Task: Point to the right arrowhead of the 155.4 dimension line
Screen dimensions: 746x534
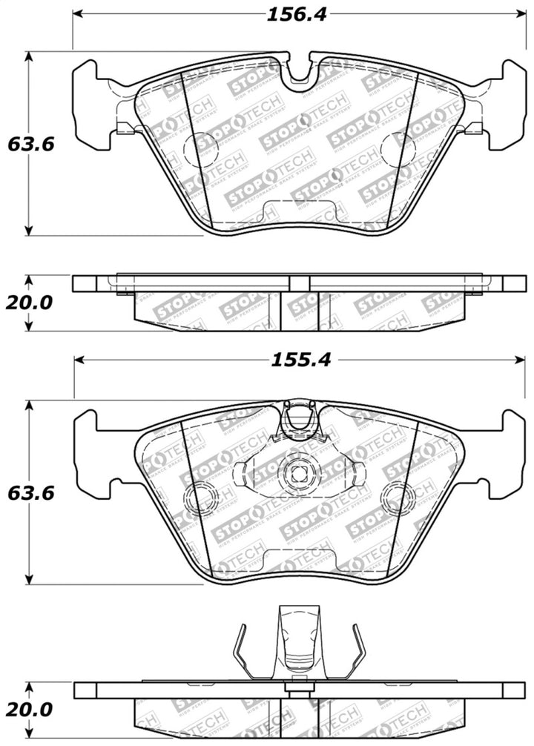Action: (x=520, y=360)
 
